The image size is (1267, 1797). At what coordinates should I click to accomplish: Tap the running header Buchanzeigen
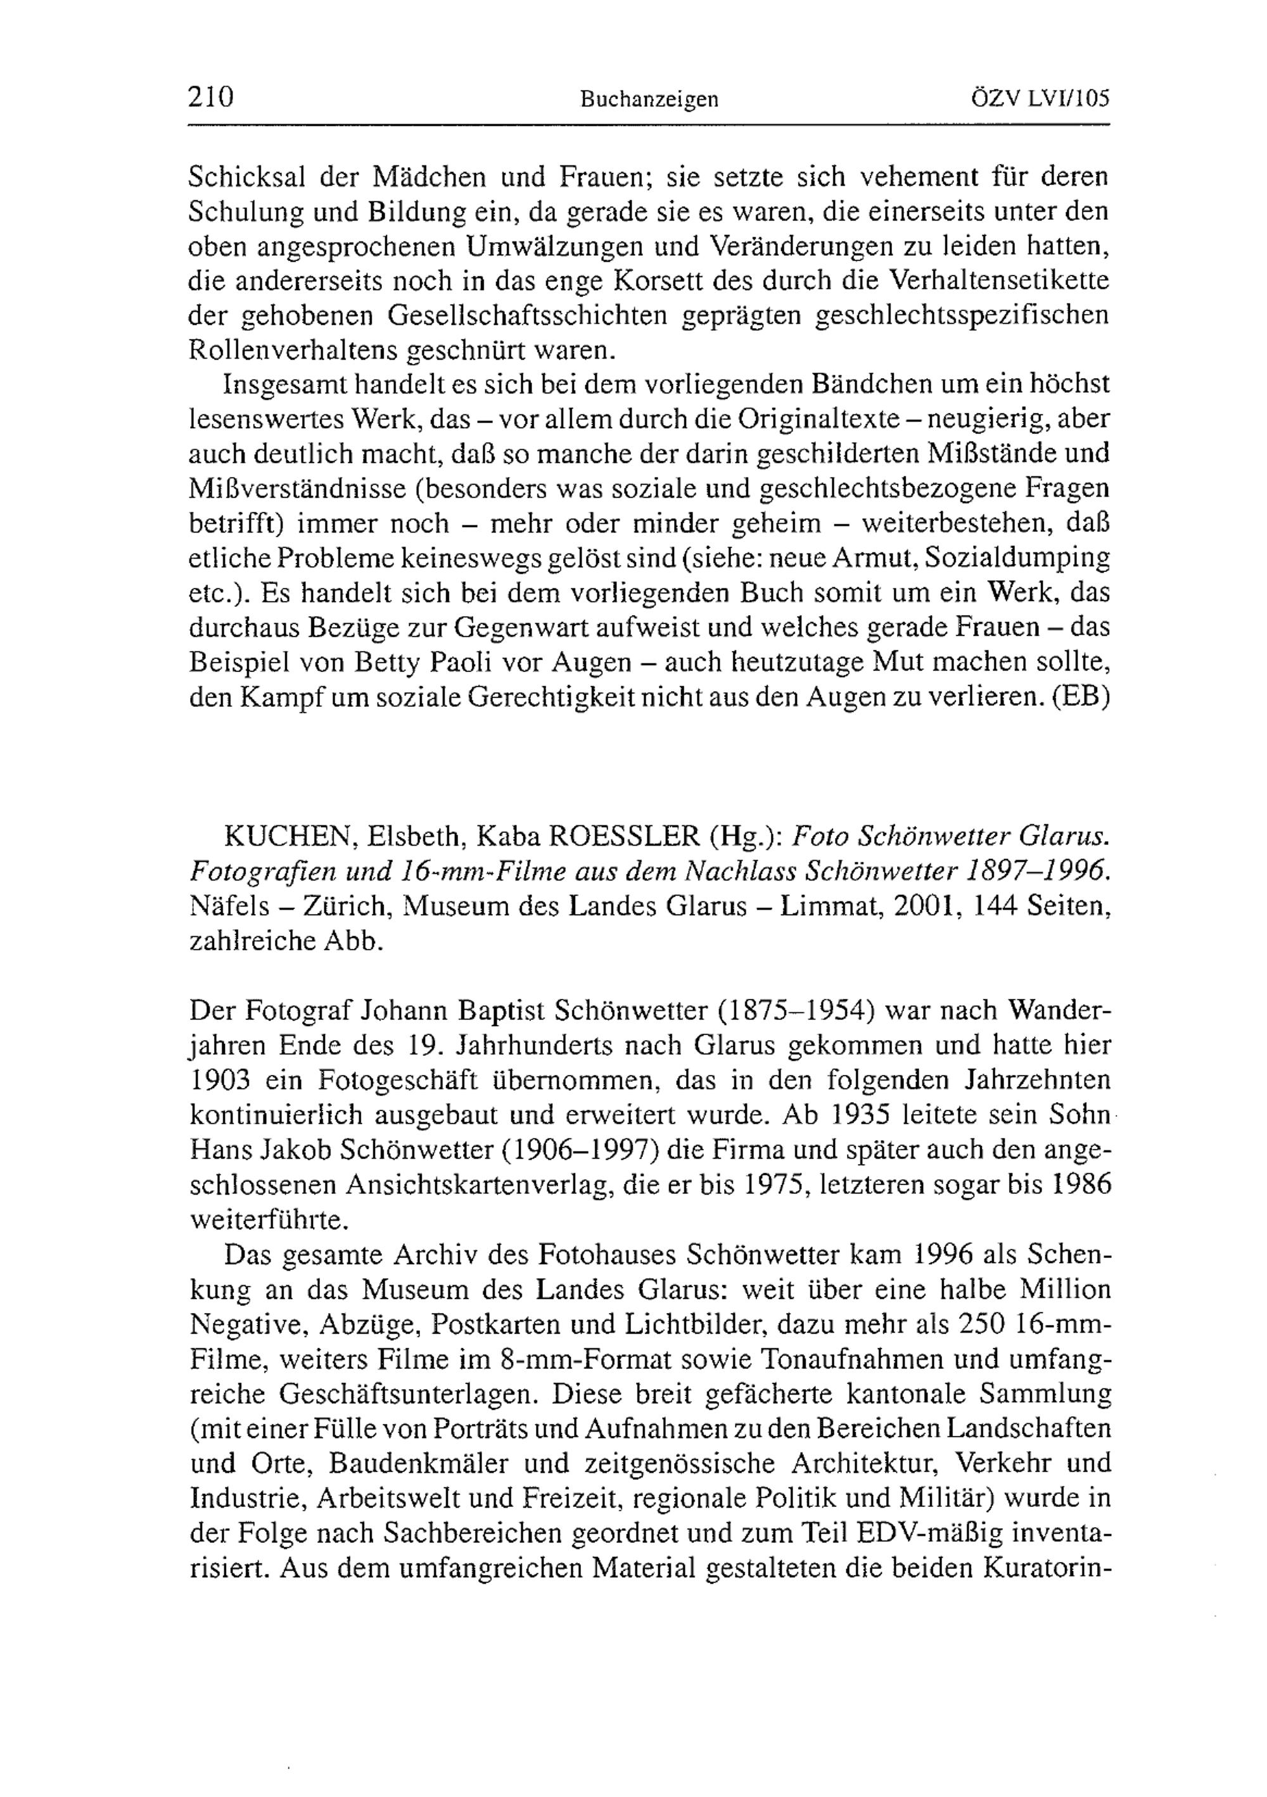click(x=649, y=100)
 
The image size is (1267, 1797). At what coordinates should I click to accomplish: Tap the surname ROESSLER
click(x=622, y=837)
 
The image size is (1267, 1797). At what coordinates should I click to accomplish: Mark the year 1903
click(x=219, y=1080)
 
